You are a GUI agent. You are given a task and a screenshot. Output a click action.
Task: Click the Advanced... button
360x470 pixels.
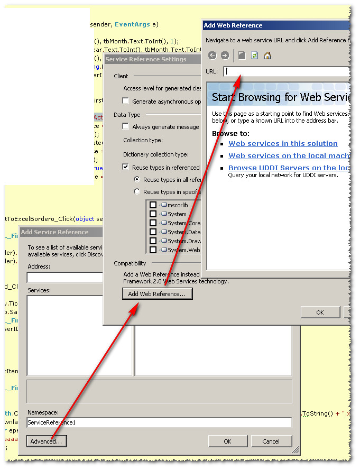click(x=47, y=441)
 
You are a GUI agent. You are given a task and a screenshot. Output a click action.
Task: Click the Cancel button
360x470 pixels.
click(x=271, y=441)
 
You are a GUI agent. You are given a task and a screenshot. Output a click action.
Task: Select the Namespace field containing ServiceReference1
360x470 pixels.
click(x=159, y=423)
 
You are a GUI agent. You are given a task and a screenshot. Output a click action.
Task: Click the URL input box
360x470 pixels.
click(x=286, y=71)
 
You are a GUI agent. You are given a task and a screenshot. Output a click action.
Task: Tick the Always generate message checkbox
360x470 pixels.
click(x=126, y=126)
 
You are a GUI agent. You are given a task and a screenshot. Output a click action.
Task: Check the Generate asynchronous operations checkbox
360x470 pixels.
click(x=126, y=101)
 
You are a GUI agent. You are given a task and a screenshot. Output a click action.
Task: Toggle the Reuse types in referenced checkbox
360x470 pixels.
click(x=126, y=167)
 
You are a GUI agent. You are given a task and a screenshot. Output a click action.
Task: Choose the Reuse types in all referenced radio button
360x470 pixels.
click(x=137, y=180)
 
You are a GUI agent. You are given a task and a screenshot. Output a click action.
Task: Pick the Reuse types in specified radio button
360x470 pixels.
click(x=137, y=192)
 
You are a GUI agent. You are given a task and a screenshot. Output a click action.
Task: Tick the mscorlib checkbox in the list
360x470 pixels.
click(x=153, y=205)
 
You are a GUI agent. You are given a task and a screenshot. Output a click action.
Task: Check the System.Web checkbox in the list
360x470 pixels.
click(x=153, y=250)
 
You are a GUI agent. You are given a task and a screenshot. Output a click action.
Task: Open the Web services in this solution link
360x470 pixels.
click(x=283, y=143)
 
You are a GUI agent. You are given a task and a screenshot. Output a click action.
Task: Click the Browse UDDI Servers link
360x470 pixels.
click(x=289, y=168)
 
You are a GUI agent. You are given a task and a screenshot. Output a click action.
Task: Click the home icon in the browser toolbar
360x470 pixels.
click(x=267, y=56)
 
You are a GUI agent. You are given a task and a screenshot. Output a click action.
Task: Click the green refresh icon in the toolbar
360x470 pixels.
click(x=254, y=56)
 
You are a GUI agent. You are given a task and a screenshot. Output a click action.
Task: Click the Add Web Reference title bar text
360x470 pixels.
click(x=233, y=25)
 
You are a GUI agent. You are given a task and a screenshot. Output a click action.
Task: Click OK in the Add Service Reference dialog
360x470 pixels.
click(x=227, y=441)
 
